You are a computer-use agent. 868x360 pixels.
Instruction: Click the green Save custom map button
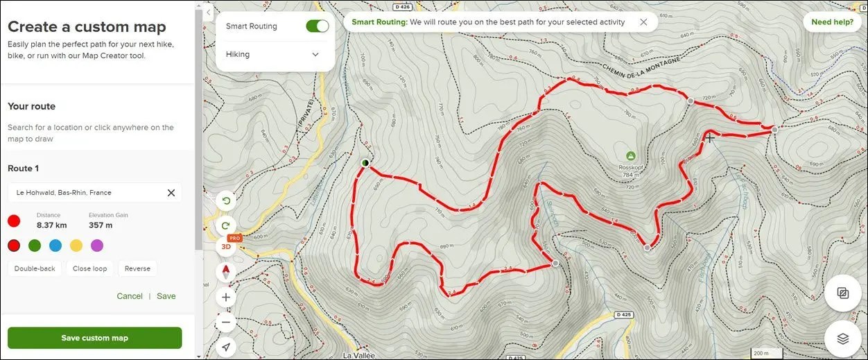[94, 338]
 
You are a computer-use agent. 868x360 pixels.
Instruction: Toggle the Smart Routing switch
[317, 26]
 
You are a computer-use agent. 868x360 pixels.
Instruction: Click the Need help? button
[832, 22]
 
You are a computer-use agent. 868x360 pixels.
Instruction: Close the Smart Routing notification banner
[643, 22]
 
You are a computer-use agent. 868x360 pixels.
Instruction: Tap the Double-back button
[35, 268]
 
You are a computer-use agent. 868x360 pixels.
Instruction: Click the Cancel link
[130, 296]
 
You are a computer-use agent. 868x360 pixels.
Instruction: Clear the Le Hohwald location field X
[171, 193]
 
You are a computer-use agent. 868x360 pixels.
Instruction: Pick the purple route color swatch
[97, 245]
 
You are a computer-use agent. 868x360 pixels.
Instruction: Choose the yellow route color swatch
[76, 245]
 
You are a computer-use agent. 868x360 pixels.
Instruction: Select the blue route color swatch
[55, 245]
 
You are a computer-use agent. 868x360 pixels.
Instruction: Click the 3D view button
[226, 246]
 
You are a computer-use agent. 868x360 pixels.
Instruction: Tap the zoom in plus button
[226, 298]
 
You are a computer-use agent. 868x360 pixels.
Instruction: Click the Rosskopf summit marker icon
[631, 155]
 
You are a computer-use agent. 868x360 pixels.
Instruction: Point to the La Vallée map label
[358, 355]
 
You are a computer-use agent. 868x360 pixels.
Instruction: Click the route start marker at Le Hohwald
[365, 163]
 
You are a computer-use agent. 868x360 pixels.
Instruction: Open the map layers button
[842, 338]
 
